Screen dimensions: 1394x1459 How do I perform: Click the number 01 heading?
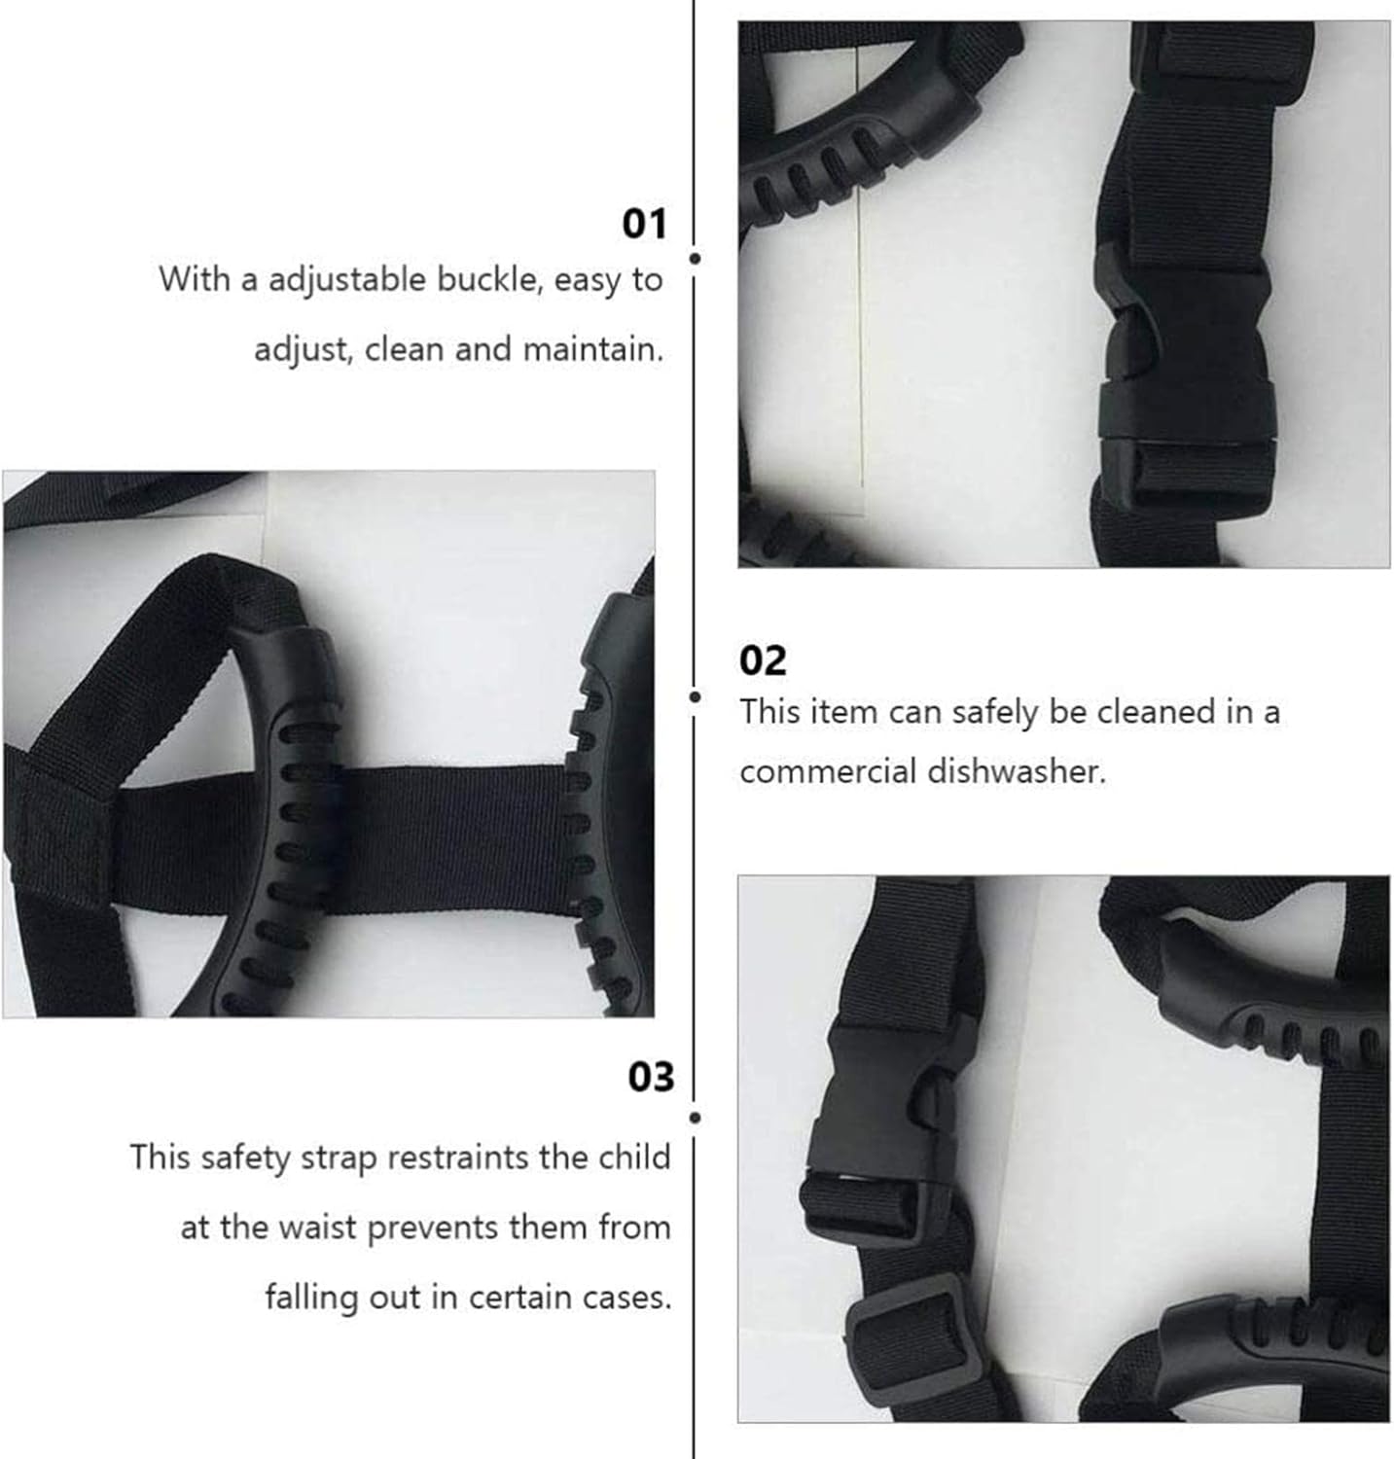pos(644,224)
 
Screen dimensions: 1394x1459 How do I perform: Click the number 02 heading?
pos(763,660)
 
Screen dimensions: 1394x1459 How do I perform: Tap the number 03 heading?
pos(651,1077)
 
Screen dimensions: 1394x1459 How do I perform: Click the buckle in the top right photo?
pos(1185,364)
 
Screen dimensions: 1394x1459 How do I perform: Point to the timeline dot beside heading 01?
pos(695,259)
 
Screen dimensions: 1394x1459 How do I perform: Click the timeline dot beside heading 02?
pos(695,696)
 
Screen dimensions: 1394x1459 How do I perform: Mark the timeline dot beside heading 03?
pos(695,1118)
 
